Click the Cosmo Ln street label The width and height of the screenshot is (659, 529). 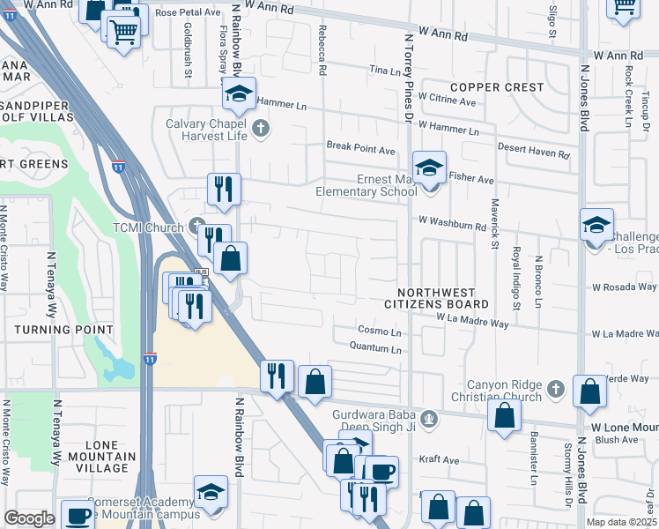tap(379, 332)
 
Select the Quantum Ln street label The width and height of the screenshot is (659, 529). tap(374, 350)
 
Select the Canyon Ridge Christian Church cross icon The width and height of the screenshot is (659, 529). tap(555, 388)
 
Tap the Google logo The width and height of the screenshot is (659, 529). tap(30, 518)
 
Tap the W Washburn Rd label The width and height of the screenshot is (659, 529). tap(453, 226)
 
